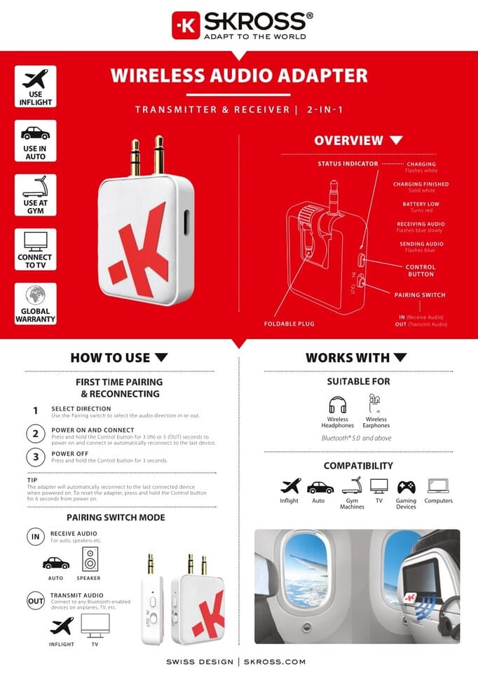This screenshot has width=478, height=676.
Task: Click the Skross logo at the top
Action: [x=239, y=25]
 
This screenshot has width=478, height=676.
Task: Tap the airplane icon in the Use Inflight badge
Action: [x=35, y=78]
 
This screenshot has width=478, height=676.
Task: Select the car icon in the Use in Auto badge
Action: [x=35, y=133]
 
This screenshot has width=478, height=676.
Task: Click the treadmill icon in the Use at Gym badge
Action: [x=35, y=187]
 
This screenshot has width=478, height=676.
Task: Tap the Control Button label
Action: [x=421, y=270]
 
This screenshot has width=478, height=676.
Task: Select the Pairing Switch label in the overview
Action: [x=420, y=295]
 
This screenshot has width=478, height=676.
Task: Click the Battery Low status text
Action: [x=421, y=204]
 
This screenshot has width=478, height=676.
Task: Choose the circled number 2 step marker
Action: [x=36, y=433]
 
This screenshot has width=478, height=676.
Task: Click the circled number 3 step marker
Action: [x=36, y=457]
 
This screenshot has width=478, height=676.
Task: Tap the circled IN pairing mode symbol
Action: [x=36, y=537]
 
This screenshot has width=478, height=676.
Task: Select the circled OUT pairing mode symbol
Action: [x=36, y=600]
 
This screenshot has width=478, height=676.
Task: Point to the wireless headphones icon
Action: [x=337, y=405]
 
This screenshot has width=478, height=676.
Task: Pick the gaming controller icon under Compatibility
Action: [x=406, y=486]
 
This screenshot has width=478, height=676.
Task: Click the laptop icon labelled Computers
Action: [x=439, y=486]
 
